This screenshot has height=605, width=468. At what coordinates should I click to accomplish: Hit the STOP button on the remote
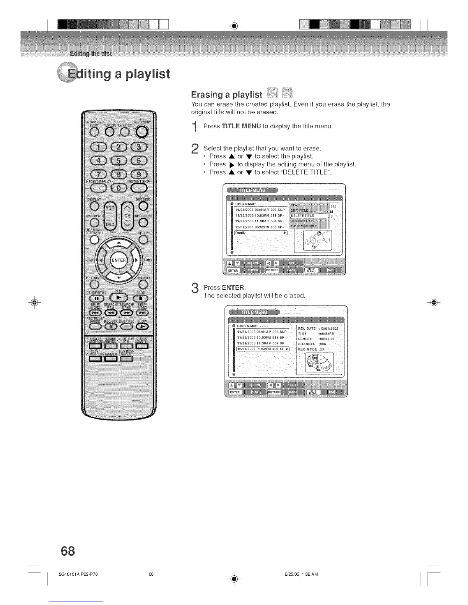tap(141, 298)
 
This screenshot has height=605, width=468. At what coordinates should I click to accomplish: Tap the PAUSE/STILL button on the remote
tap(96, 298)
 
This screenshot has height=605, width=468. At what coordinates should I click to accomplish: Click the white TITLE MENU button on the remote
tap(94, 240)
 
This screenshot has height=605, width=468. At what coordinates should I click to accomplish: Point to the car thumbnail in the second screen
tap(319, 362)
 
